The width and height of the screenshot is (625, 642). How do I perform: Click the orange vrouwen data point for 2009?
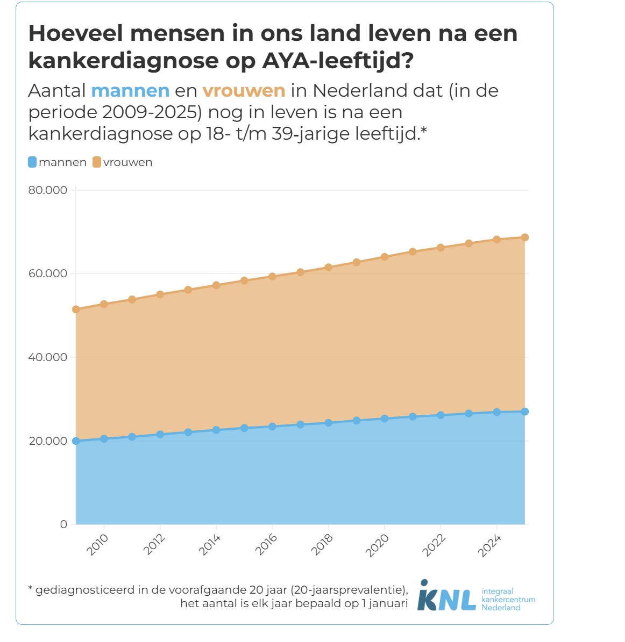click(76, 309)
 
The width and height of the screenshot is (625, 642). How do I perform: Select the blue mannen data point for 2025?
click(525, 412)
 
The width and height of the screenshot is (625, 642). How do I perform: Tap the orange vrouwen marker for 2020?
click(385, 257)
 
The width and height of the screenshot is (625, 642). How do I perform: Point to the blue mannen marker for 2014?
click(216, 430)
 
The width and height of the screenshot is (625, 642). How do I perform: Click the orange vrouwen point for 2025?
click(525, 237)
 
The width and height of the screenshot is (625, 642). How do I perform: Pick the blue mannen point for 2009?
click(76, 441)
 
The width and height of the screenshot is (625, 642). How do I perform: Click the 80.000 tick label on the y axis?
click(48, 190)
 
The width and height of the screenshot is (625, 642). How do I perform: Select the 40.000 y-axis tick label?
click(48, 357)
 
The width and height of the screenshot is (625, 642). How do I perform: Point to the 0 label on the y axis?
click(63, 524)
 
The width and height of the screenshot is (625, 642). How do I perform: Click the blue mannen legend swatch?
click(33, 162)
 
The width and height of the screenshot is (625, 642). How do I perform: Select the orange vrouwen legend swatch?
click(97, 162)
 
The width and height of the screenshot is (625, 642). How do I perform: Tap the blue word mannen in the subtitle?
click(130, 91)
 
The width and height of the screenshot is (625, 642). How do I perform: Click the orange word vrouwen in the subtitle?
click(244, 91)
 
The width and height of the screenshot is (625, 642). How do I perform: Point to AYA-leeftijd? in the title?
click(338, 61)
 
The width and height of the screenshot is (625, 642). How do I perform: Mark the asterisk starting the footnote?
click(30, 589)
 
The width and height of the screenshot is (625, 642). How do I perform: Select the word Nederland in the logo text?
click(501, 608)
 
